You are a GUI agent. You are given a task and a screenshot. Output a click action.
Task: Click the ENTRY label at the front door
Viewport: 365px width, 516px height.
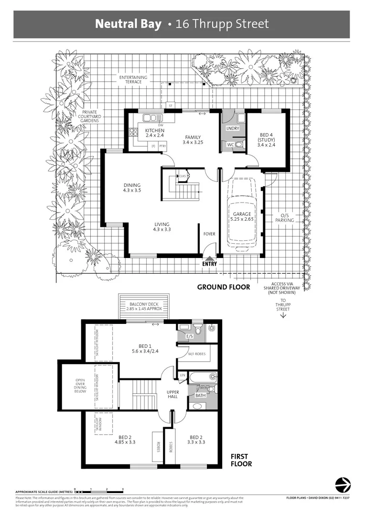click(x=209, y=263)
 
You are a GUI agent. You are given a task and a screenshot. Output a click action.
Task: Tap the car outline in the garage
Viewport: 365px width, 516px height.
click(x=242, y=213)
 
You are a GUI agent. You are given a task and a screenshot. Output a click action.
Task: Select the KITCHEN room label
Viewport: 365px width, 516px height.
click(x=155, y=131)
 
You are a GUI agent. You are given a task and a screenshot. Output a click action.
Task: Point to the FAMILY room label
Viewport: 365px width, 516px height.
click(x=193, y=138)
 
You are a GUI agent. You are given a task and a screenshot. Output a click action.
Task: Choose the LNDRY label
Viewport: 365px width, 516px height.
click(x=232, y=128)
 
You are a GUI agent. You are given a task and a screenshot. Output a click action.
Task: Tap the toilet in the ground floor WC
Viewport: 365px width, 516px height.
click(x=238, y=143)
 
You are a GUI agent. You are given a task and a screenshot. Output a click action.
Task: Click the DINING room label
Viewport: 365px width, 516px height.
click(x=132, y=185)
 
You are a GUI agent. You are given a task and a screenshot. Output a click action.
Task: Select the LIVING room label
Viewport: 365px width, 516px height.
click(x=161, y=225)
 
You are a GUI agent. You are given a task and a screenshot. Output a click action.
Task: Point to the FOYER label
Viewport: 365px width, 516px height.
click(x=209, y=234)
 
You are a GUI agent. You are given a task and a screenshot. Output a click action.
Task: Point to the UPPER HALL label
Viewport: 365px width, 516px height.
click(x=172, y=395)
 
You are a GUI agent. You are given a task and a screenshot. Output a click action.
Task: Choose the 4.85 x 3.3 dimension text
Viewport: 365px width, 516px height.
click(x=125, y=442)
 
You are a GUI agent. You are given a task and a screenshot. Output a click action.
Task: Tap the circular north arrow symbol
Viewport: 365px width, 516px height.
click(x=343, y=484)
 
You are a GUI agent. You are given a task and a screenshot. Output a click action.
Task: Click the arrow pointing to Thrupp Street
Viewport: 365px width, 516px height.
click(x=283, y=315)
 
